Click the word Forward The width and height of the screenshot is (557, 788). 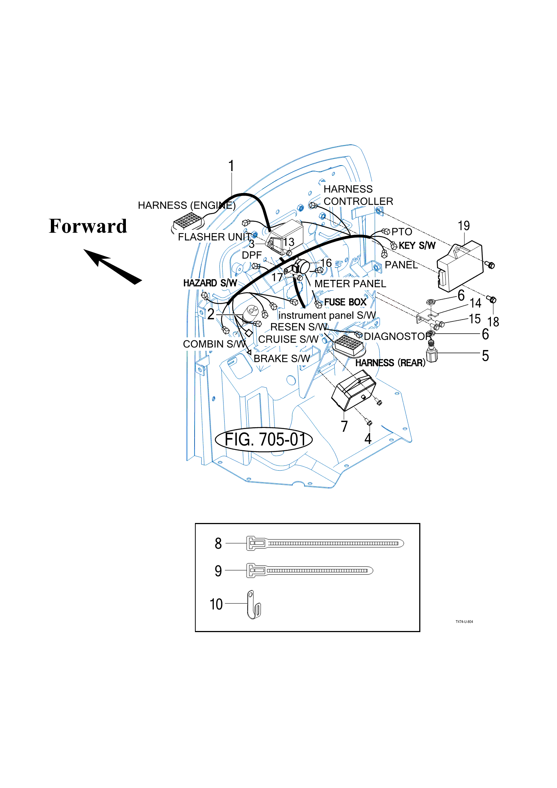(x=88, y=226)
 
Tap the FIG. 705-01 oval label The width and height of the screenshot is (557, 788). (x=264, y=440)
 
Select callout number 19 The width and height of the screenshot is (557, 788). (x=464, y=226)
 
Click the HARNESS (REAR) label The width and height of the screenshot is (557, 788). (x=390, y=363)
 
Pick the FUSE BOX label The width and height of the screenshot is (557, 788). (x=345, y=302)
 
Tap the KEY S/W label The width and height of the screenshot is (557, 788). (x=417, y=246)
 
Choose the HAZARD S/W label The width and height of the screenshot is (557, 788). (x=210, y=283)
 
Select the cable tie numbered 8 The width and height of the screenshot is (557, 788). (x=325, y=543)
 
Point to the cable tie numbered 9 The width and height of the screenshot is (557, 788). (x=310, y=570)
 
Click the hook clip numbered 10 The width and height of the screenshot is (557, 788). (x=254, y=605)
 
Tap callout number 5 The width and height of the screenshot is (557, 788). (x=485, y=356)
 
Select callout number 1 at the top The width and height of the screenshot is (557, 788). (x=231, y=166)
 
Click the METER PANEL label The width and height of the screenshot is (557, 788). (x=350, y=284)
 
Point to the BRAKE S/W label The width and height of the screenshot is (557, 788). (x=281, y=359)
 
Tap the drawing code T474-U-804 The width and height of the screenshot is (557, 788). (x=464, y=622)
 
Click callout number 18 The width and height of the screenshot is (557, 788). (x=493, y=322)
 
